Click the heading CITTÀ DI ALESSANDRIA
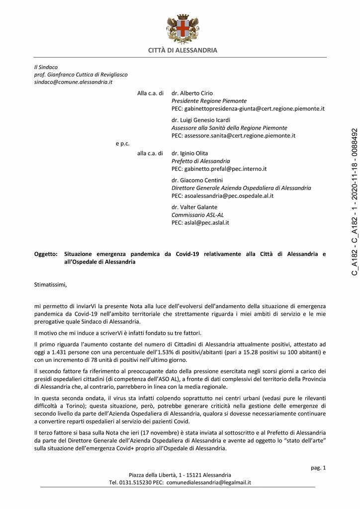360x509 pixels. [182, 50]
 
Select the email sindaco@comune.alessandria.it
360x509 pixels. [73, 82]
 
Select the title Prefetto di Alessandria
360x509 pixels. [201, 161]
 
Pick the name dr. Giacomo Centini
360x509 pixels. [197, 180]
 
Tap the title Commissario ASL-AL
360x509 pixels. [197, 215]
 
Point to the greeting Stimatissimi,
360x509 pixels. [50, 285]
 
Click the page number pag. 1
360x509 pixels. [318, 467]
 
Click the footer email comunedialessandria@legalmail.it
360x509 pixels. [209, 482]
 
